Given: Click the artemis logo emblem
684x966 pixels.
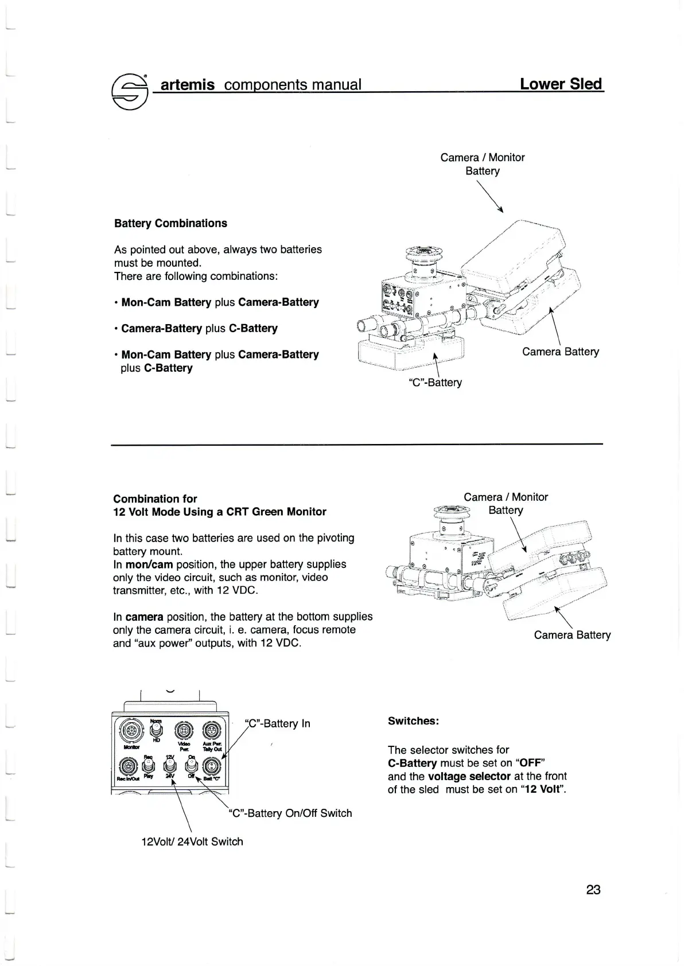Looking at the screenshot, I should point(130,92).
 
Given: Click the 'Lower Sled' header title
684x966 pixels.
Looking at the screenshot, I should point(561,84).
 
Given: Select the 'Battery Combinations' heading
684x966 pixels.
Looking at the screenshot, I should point(170,223).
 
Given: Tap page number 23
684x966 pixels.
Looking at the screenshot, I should point(593,889).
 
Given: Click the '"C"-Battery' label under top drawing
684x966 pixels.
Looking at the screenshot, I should point(435,382).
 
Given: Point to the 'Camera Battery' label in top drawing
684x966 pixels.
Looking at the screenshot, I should point(560,352).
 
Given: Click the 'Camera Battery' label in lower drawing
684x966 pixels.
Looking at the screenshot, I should point(572,634).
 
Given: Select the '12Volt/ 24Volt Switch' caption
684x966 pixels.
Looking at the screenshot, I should point(192,842).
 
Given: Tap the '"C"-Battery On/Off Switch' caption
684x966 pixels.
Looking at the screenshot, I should point(290,813).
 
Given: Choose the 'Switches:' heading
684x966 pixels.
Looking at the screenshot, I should point(413,721).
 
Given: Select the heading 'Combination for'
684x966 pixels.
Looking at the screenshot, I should point(155,498).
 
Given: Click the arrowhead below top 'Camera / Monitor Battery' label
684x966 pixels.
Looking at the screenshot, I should point(501,210).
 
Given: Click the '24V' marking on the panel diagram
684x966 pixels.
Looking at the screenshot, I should point(170,776).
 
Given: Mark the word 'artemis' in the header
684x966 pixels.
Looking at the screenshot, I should point(187,85).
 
